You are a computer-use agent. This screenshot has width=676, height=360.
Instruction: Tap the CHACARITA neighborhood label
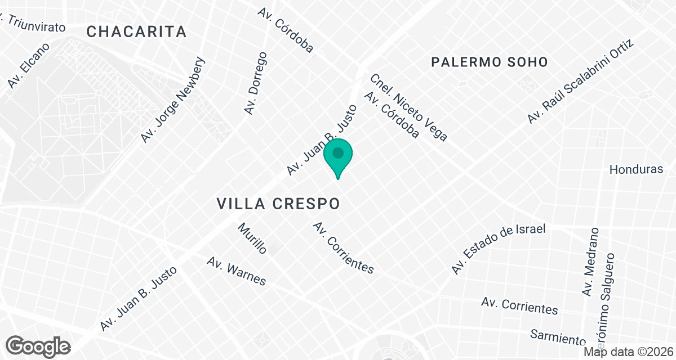136,32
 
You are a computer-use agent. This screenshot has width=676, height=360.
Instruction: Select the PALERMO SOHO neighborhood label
489,62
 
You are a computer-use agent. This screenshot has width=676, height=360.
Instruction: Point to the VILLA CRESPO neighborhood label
279,204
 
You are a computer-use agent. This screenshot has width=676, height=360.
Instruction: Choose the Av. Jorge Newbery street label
174,101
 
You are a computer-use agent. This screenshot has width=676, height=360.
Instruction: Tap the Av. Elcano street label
29,66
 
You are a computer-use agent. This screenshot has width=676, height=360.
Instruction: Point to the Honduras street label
637,169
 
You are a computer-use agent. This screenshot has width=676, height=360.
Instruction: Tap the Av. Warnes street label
236,271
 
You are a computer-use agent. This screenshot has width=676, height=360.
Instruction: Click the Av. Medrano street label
590,262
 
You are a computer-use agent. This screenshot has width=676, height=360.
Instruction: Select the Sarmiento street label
558,337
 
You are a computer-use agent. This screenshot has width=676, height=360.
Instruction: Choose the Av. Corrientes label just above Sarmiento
519,305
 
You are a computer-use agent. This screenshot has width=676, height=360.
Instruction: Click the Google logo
38,346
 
